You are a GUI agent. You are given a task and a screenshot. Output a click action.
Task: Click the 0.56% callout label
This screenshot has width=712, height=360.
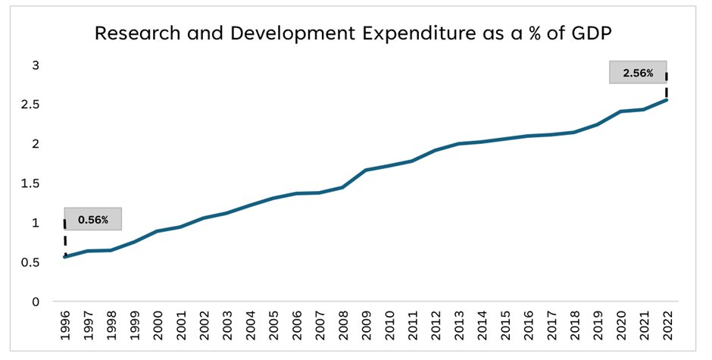(93, 220)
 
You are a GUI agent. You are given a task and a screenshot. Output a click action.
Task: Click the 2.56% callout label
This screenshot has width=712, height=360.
(638, 73)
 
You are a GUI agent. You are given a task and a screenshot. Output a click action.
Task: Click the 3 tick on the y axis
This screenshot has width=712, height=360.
(35, 65)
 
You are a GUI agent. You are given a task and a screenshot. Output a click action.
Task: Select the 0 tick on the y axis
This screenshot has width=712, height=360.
(35, 302)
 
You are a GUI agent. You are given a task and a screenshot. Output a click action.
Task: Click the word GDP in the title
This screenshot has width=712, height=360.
(596, 33)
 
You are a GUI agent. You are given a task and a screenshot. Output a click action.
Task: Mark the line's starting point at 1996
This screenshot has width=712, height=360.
(65, 257)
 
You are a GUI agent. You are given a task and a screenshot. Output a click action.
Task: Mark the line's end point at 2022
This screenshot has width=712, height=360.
(667, 99)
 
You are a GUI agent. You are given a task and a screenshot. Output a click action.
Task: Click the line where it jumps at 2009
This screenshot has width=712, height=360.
(366, 170)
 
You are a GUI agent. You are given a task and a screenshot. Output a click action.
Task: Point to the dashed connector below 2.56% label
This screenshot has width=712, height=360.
(667, 86)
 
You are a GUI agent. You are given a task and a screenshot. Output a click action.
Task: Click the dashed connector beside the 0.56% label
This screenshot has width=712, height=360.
(65, 237)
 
